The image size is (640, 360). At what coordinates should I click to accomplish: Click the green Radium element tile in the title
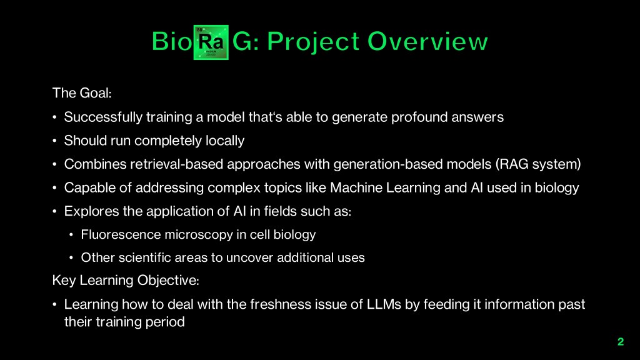[x=211, y=42]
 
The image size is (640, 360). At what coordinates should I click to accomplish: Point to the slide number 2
[x=621, y=342]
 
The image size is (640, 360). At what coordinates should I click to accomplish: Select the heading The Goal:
[x=82, y=93]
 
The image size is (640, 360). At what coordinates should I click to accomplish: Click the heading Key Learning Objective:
[x=126, y=281]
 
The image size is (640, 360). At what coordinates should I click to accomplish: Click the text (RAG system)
[x=538, y=164]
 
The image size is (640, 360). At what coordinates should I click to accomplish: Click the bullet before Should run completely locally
[x=55, y=141]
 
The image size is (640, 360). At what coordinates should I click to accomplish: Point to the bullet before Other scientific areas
[x=71, y=258]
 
